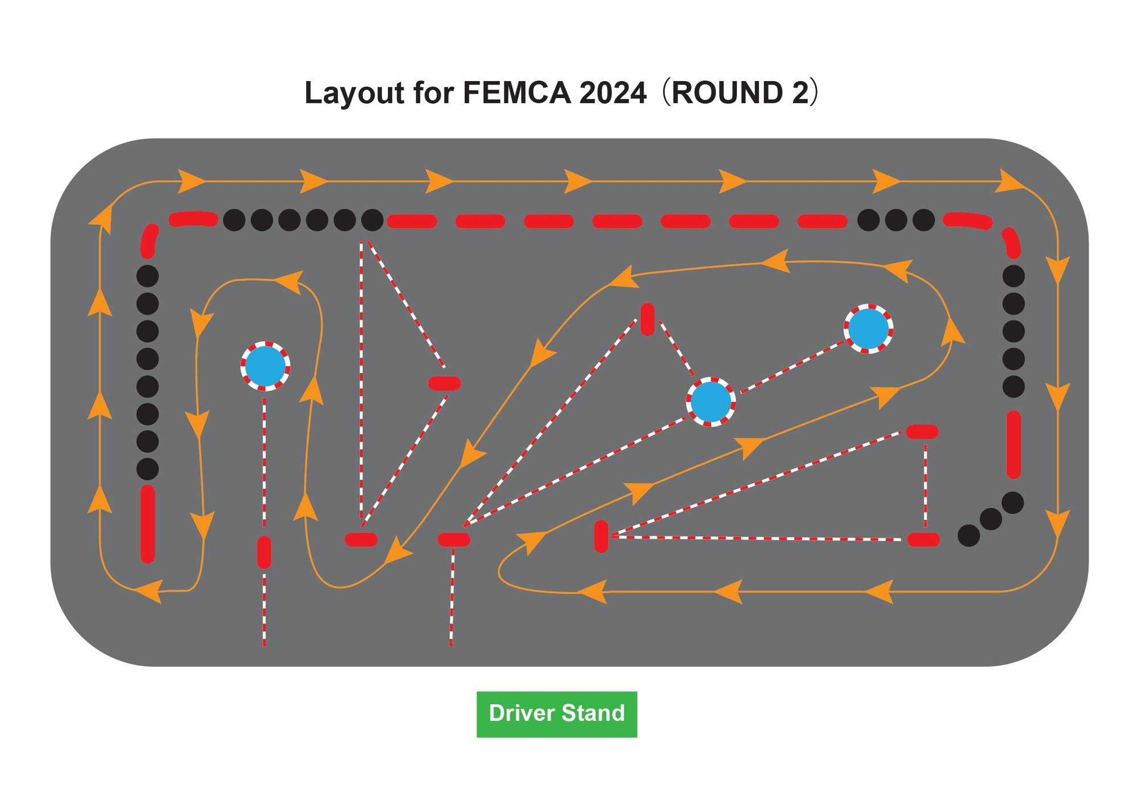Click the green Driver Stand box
556,714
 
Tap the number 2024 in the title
613,92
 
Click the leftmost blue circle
265,366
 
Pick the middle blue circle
710,402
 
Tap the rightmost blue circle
868,329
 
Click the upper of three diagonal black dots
1012,503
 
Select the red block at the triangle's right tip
445,383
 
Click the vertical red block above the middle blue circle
648,319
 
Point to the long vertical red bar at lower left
148,524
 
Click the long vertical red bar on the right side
1013,445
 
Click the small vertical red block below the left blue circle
264,552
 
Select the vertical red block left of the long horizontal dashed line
601,536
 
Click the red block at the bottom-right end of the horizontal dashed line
923,540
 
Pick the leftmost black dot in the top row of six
234,220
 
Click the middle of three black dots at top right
895,220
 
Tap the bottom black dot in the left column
148,469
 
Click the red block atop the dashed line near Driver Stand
454,539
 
